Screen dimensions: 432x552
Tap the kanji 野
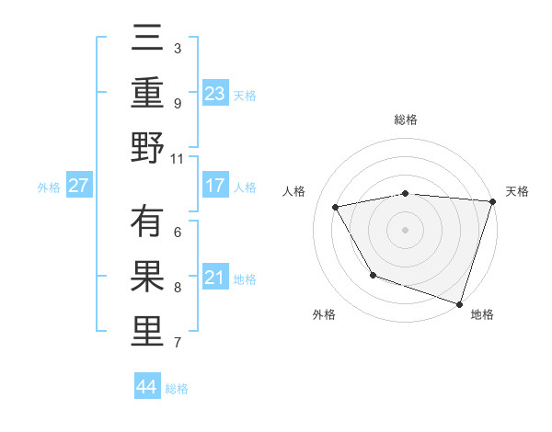coord(147,148)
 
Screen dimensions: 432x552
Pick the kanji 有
coord(147,222)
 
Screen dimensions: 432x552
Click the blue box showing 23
coord(215,93)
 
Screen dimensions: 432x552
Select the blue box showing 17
coord(215,186)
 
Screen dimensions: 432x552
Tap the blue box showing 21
coord(215,279)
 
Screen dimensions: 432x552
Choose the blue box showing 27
coord(78,186)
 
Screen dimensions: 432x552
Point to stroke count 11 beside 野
coord(178,158)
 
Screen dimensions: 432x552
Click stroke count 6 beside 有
coord(178,233)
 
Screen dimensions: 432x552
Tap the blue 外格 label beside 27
coord(49,187)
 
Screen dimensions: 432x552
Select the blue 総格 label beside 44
coord(177,388)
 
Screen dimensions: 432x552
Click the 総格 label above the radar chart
coord(405,119)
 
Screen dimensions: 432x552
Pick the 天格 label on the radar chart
coord(517,191)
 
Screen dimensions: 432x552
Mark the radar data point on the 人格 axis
coord(336,207)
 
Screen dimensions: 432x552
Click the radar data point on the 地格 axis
coord(458,302)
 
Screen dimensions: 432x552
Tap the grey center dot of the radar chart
coord(405,229)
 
